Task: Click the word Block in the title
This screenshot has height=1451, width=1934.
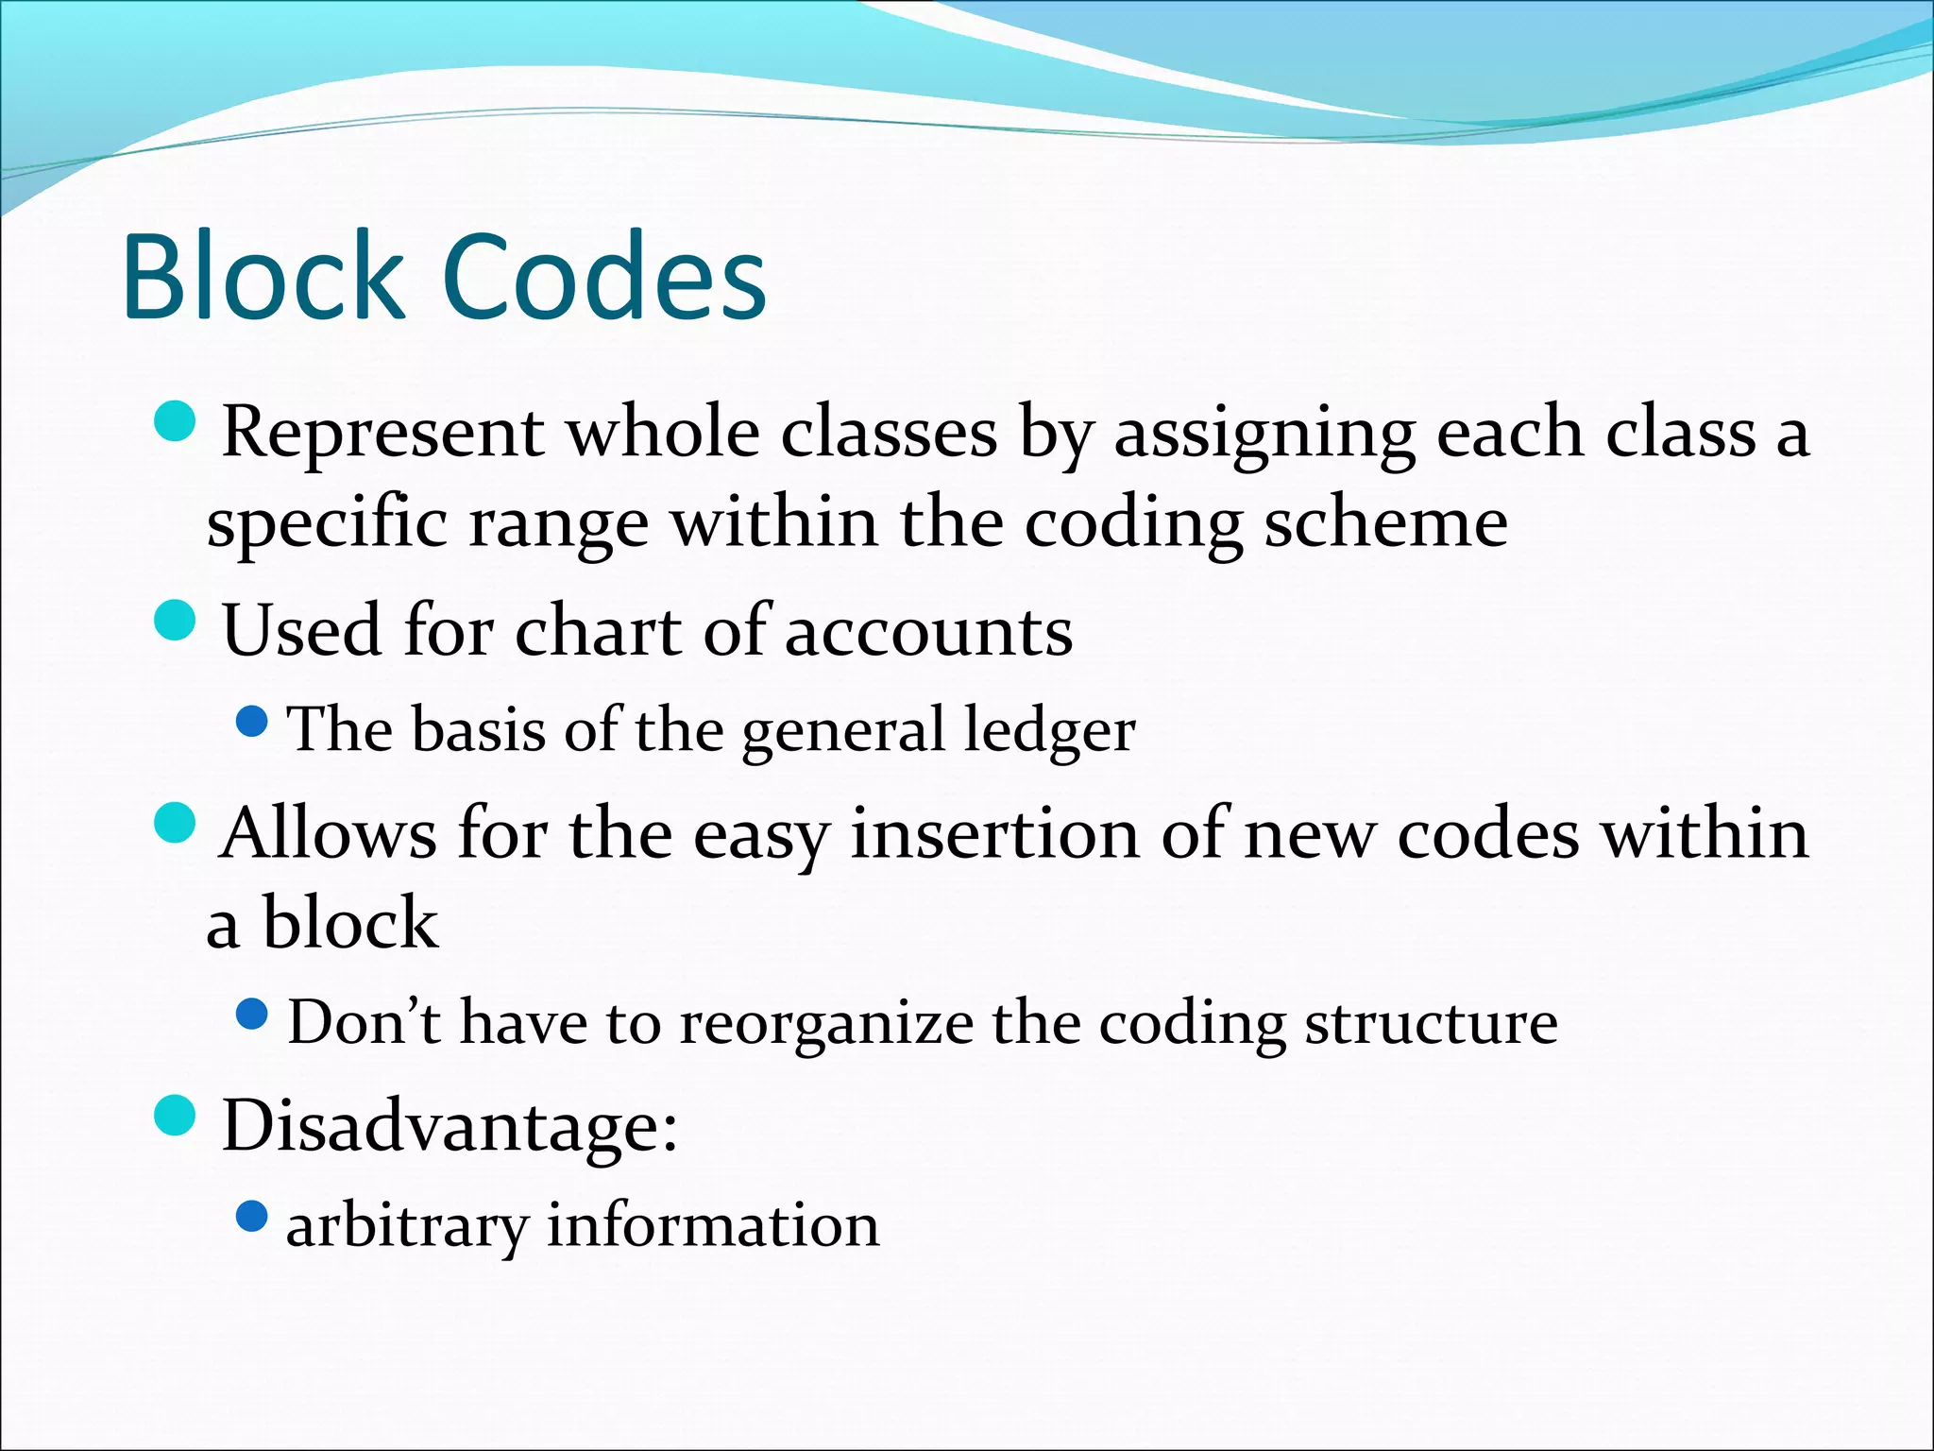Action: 263,278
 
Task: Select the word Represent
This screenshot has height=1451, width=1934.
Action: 382,433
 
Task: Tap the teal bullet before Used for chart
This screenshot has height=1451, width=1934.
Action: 174,621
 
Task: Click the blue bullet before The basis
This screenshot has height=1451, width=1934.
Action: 251,723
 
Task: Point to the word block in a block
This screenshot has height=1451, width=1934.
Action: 349,923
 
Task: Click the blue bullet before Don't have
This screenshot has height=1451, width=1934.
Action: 251,1016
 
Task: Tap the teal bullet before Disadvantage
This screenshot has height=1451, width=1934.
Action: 174,1116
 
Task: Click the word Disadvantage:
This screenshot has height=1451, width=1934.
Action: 450,1126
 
